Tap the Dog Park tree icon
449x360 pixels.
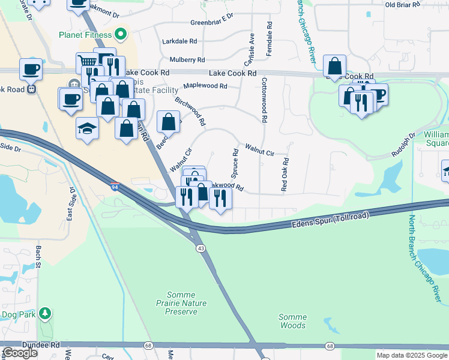point(44,313)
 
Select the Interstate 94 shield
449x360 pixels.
point(115,187)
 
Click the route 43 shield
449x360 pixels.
point(199,247)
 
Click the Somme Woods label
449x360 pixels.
point(292,321)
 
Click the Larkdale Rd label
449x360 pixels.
point(179,41)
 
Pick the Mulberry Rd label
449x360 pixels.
point(187,60)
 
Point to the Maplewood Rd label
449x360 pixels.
point(205,86)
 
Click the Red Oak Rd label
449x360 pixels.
point(285,175)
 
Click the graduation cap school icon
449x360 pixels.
point(87,128)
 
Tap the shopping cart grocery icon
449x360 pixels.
point(87,62)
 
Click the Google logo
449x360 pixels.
point(20,353)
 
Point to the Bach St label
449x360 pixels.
point(38,254)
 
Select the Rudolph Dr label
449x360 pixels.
point(403,145)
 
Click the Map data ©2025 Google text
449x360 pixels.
point(411,355)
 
